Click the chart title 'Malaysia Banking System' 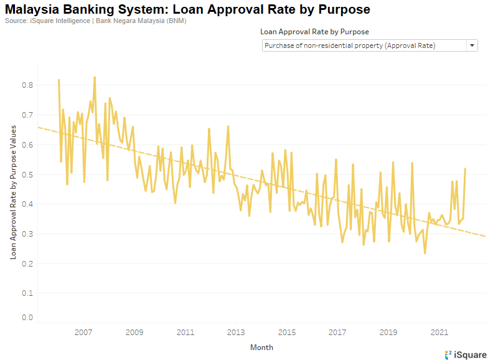[x=187, y=9]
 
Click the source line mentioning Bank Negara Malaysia [x=95, y=21]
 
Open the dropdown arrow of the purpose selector [x=472, y=45]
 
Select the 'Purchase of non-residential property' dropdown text [x=349, y=45]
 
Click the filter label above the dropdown [x=314, y=32]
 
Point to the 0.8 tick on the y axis [x=27, y=85]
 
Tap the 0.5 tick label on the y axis [x=27, y=174]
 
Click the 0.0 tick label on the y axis [x=27, y=318]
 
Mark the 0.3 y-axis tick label [x=27, y=234]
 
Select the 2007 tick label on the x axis [x=83, y=332]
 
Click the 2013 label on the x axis [x=236, y=332]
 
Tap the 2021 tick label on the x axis [x=439, y=332]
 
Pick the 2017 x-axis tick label [x=337, y=332]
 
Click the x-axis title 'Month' [x=261, y=348]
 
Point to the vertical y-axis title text [x=13, y=191]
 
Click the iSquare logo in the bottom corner [x=466, y=354]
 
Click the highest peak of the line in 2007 [x=95, y=77]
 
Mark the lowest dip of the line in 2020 [x=425, y=253]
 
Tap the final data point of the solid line [x=465, y=169]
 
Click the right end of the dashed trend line [x=486, y=236]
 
